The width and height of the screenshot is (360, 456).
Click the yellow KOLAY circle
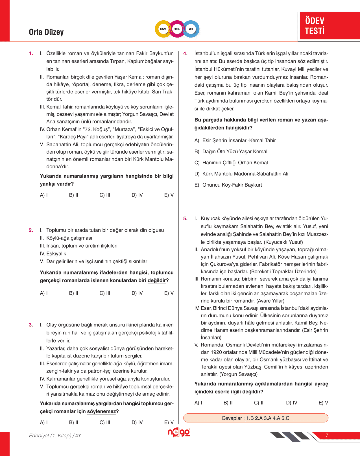(163, 29)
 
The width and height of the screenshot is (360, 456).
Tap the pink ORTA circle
(177, 29)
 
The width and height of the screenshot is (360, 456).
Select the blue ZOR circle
(191, 29)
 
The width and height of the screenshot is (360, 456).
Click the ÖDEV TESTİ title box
(329, 25)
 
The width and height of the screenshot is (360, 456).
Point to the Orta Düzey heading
(46, 32)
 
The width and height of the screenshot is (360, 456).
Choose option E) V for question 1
(169, 195)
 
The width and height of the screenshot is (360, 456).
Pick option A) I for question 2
(44, 293)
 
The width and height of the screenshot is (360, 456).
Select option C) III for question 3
(105, 422)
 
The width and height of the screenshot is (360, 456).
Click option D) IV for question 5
(291, 403)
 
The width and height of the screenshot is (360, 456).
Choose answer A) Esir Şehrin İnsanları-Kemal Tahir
(235, 140)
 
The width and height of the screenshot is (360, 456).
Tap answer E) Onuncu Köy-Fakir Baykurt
(228, 185)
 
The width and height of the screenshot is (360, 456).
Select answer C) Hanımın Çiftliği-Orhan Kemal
(231, 163)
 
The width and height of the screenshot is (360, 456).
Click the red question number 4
(185, 53)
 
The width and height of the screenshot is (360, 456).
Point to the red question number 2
(31, 230)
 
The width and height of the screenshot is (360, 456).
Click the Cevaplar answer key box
(256, 418)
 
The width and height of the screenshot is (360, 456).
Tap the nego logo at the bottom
(179, 433)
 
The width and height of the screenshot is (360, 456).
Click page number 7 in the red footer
(327, 436)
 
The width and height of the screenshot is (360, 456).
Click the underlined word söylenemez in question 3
(101, 411)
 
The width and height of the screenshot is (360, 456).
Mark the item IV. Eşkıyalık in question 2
(53, 254)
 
